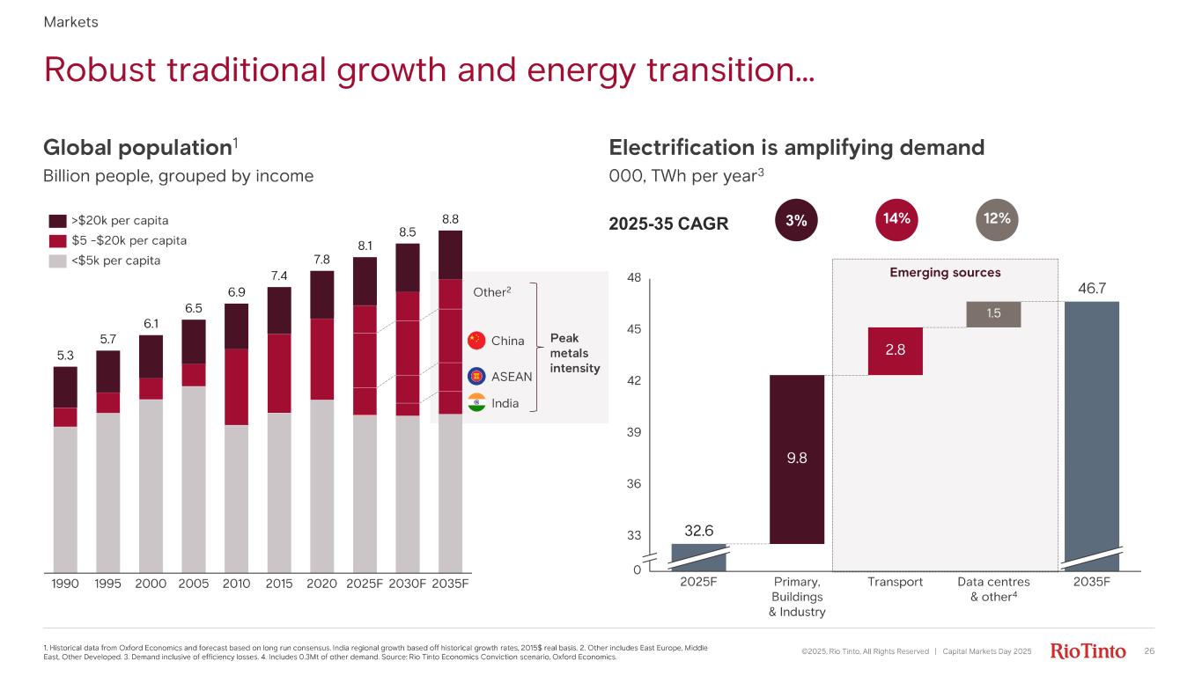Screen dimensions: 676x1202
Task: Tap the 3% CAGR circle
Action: [796, 221]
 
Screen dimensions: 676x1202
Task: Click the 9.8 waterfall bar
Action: [797, 459]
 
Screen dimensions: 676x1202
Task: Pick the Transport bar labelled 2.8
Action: [896, 350]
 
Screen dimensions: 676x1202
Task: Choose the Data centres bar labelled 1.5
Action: [993, 314]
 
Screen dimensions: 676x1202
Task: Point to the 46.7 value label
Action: [1091, 287]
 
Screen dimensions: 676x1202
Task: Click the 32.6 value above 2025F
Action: [698, 531]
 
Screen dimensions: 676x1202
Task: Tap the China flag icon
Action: [477, 341]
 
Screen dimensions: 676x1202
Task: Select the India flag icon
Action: [477, 403]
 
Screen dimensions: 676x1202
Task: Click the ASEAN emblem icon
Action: [477, 376]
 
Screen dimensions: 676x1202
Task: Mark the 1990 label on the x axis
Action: [65, 583]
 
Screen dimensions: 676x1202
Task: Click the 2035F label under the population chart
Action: [449, 583]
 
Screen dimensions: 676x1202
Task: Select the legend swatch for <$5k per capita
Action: [57, 261]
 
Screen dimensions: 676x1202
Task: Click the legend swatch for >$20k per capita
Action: [57, 220]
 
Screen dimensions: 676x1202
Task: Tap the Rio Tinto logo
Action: [1088, 651]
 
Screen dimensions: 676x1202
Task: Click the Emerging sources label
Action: [944, 273]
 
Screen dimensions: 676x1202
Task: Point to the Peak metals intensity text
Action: [574, 353]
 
